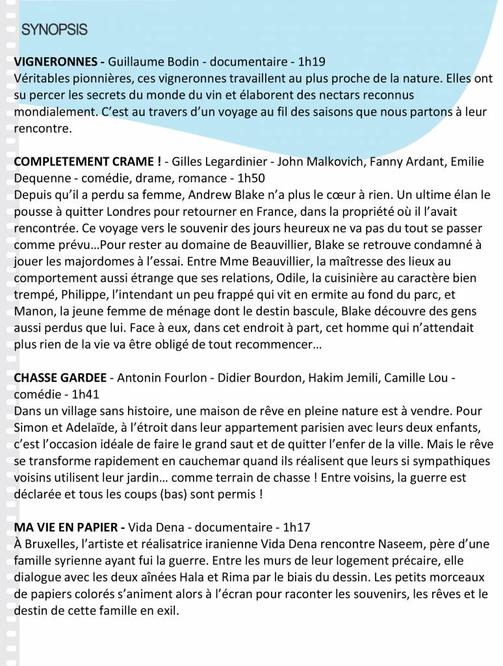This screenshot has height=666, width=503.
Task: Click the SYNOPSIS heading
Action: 54,29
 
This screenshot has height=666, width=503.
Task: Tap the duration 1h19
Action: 311,62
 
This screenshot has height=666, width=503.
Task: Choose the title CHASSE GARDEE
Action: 60,379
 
